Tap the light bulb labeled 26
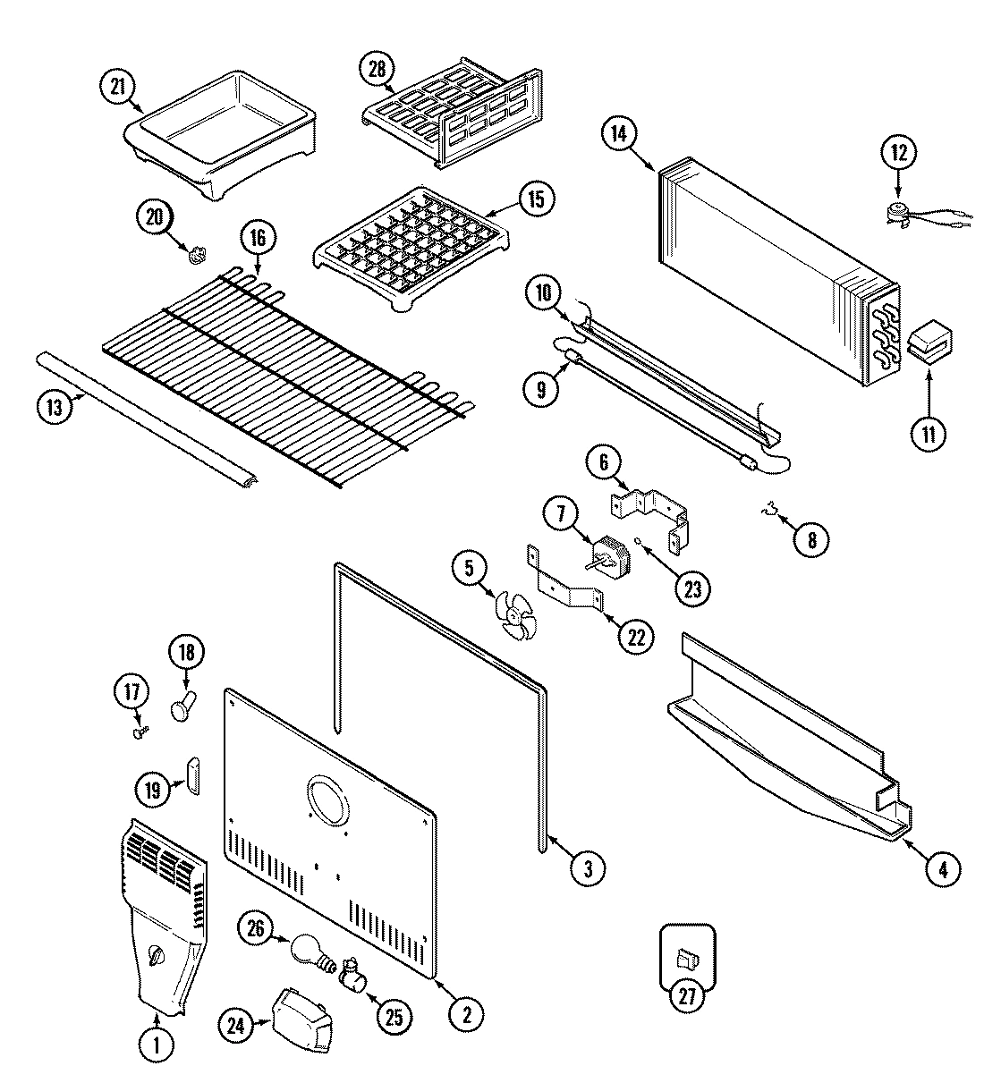(x=307, y=950)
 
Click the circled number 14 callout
(x=618, y=134)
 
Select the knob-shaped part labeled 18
(x=182, y=706)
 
